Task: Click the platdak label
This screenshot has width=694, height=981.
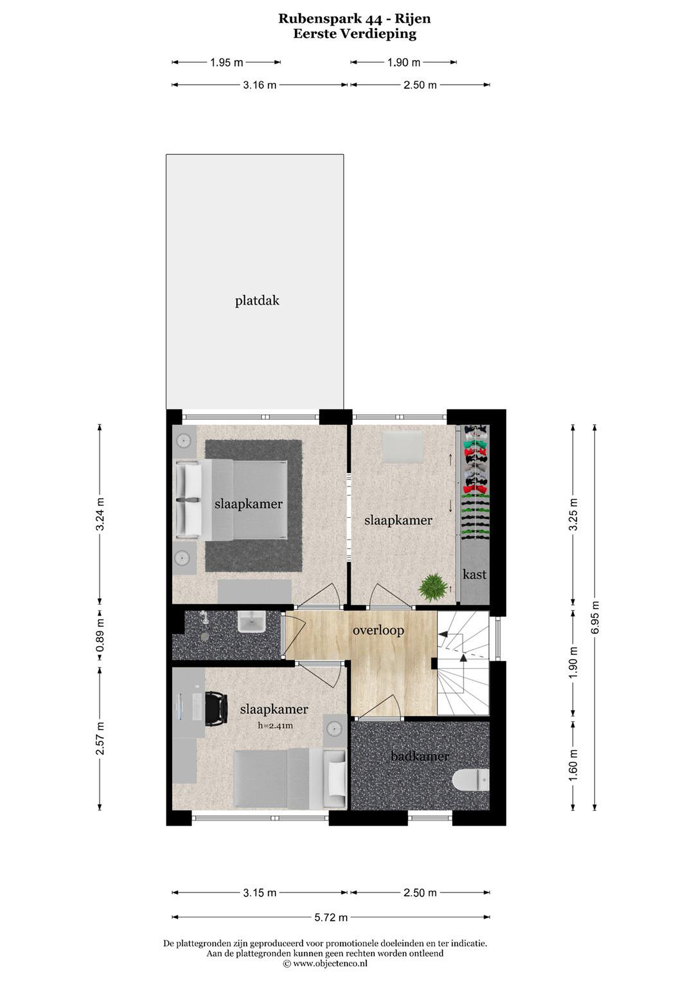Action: click(257, 301)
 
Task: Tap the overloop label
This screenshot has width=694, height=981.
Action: click(378, 630)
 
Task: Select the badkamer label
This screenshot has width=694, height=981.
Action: click(420, 756)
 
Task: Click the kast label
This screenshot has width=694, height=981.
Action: click(474, 574)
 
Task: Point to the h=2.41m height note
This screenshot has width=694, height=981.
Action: click(275, 725)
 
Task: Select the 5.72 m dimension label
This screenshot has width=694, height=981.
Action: click(331, 917)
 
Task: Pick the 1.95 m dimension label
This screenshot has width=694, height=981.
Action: click(226, 63)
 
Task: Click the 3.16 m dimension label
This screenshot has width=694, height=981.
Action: click(259, 85)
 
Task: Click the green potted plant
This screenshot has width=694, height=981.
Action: click(433, 587)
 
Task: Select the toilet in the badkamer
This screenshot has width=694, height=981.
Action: click(470, 780)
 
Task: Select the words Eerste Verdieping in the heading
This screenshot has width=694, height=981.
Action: click(354, 34)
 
